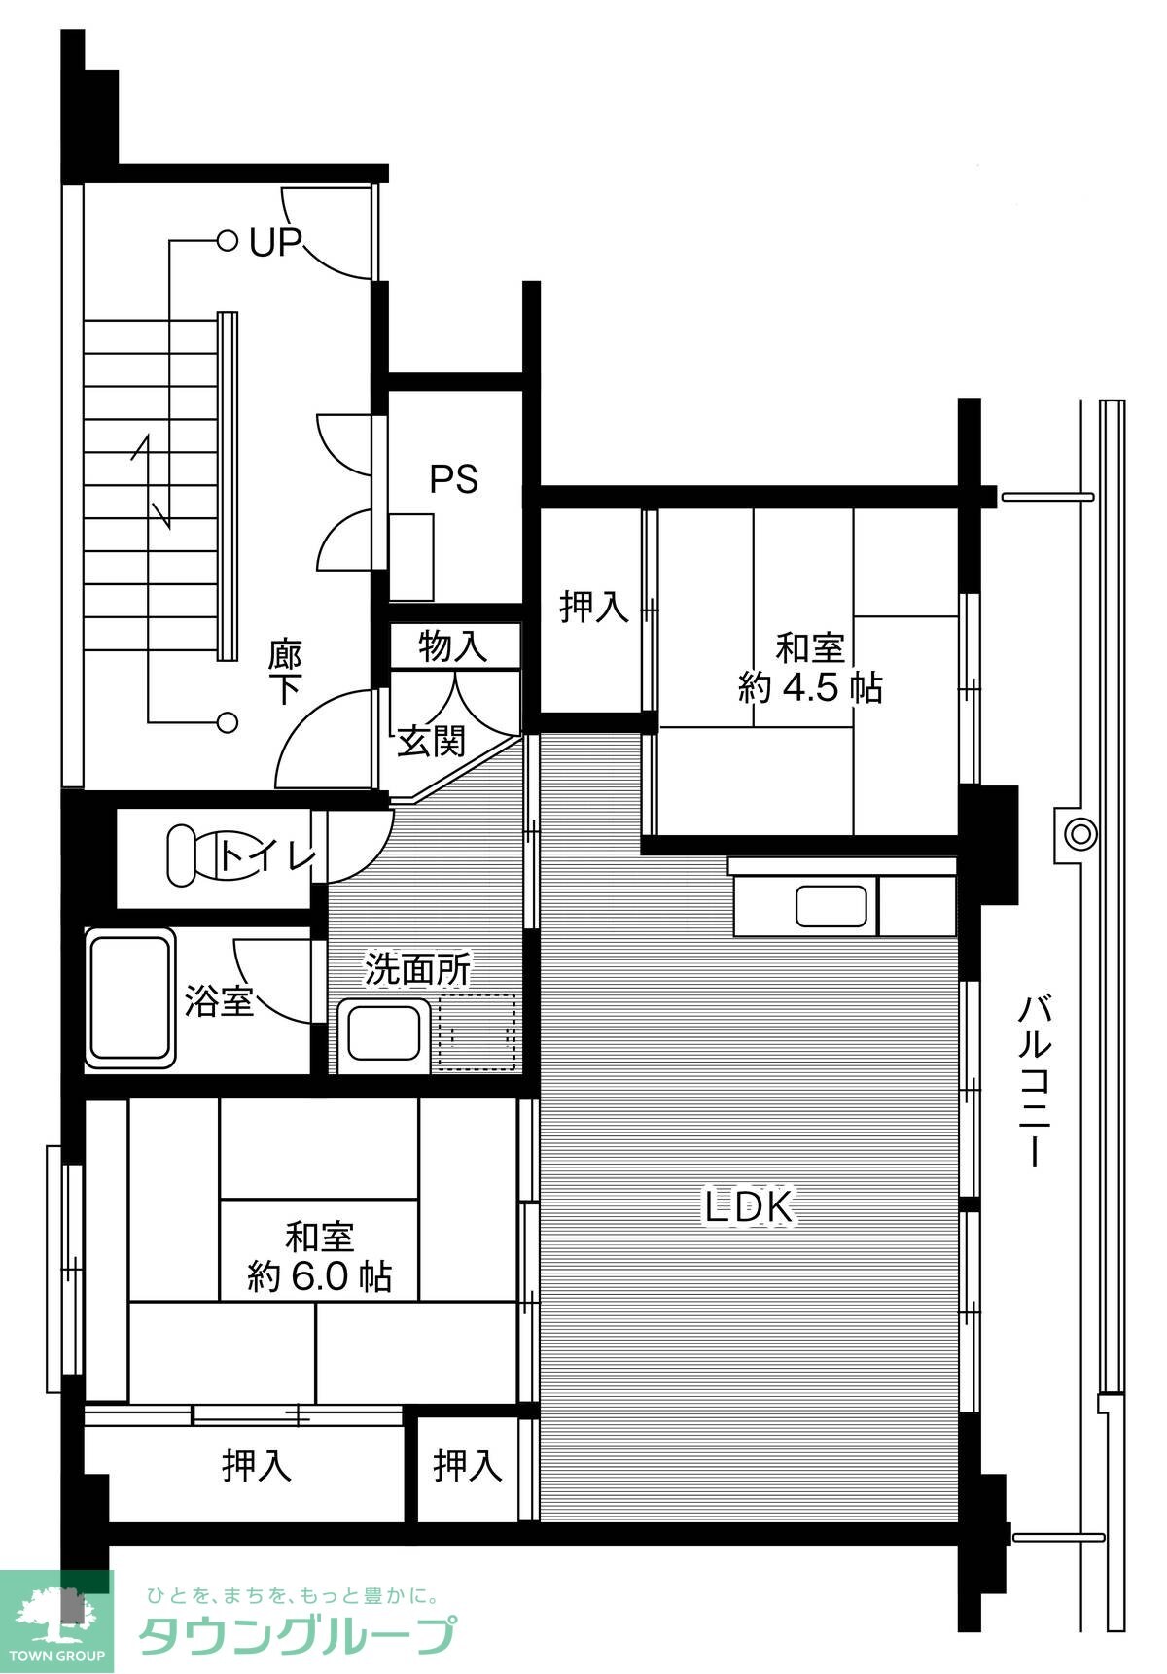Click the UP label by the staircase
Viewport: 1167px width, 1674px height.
(275, 241)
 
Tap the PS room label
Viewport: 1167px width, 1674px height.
(454, 479)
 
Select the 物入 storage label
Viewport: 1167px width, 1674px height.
(452, 646)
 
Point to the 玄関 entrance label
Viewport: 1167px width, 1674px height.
(431, 742)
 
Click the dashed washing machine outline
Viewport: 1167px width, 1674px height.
(477, 1031)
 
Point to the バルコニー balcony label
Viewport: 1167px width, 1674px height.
(1034, 1079)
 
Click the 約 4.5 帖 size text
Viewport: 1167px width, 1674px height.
(810, 688)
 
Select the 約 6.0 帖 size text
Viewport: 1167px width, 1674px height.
(320, 1275)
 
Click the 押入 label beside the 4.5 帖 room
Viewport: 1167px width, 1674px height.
(594, 608)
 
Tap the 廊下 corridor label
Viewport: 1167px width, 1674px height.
(286, 671)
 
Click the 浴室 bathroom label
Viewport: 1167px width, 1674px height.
(220, 1000)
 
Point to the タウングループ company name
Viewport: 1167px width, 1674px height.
(298, 1635)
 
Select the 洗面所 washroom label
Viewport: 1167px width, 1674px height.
(418, 968)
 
